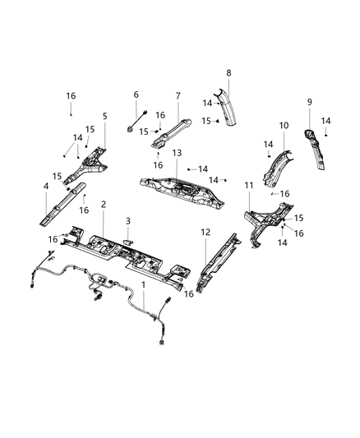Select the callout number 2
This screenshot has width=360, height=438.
click(x=104, y=204)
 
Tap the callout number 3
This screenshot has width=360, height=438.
click(x=128, y=221)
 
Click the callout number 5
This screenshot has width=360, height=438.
click(x=104, y=117)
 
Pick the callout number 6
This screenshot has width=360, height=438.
click(x=136, y=95)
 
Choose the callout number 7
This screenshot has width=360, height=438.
click(x=178, y=95)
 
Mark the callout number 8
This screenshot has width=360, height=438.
click(x=228, y=73)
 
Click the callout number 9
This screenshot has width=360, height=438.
click(x=309, y=102)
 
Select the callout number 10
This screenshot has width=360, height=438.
click(x=283, y=126)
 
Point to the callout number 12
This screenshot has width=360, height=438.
click(x=205, y=233)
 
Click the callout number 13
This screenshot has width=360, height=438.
click(x=177, y=154)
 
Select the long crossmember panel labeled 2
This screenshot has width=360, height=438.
click(x=132, y=256)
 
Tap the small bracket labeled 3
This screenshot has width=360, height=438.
click(x=129, y=240)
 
